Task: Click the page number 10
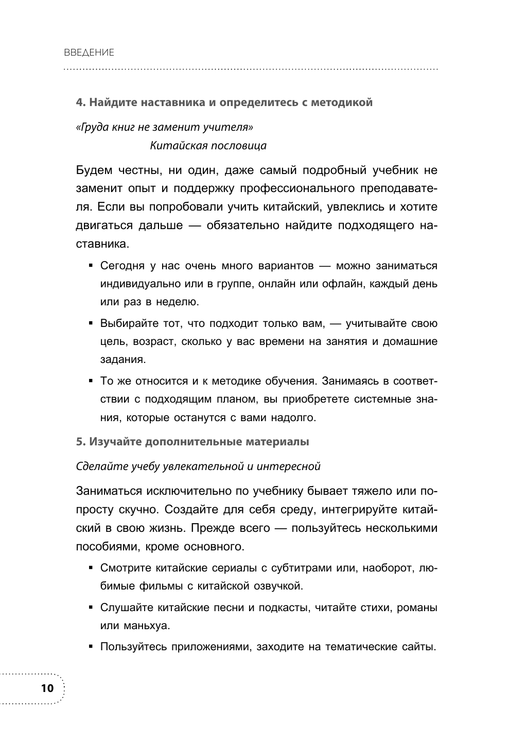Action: click(x=46, y=688)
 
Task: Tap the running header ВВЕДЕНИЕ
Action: click(x=89, y=53)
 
